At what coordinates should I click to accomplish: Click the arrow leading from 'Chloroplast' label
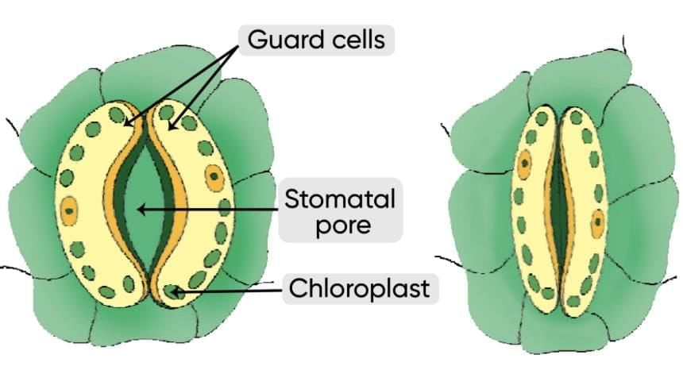click(230, 291)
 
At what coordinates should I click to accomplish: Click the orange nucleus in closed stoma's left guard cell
click(524, 165)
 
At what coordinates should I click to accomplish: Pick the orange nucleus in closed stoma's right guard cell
click(597, 223)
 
